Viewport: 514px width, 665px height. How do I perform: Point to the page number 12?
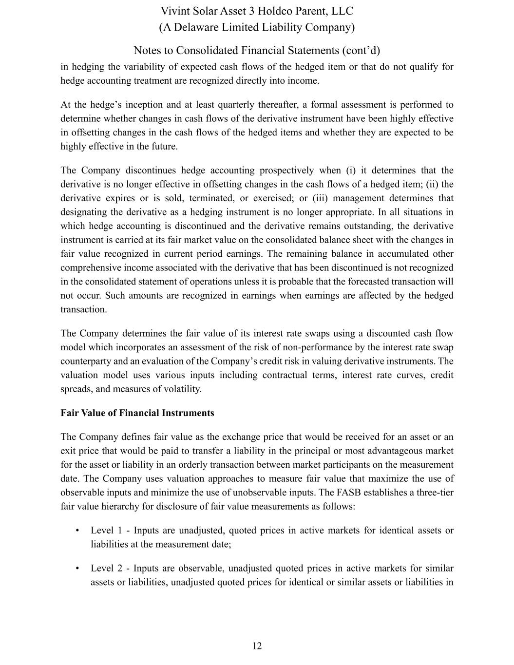(x=257, y=646)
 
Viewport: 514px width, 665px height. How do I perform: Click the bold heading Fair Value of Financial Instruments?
(x=137, y=413)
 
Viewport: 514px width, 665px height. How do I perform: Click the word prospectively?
(x=286, y=171)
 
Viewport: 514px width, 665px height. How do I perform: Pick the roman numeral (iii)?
(x=320, y=198)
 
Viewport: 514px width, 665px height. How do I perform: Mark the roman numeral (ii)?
(x=433, y=184)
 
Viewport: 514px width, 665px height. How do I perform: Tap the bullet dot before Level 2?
(x=77, y=569)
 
